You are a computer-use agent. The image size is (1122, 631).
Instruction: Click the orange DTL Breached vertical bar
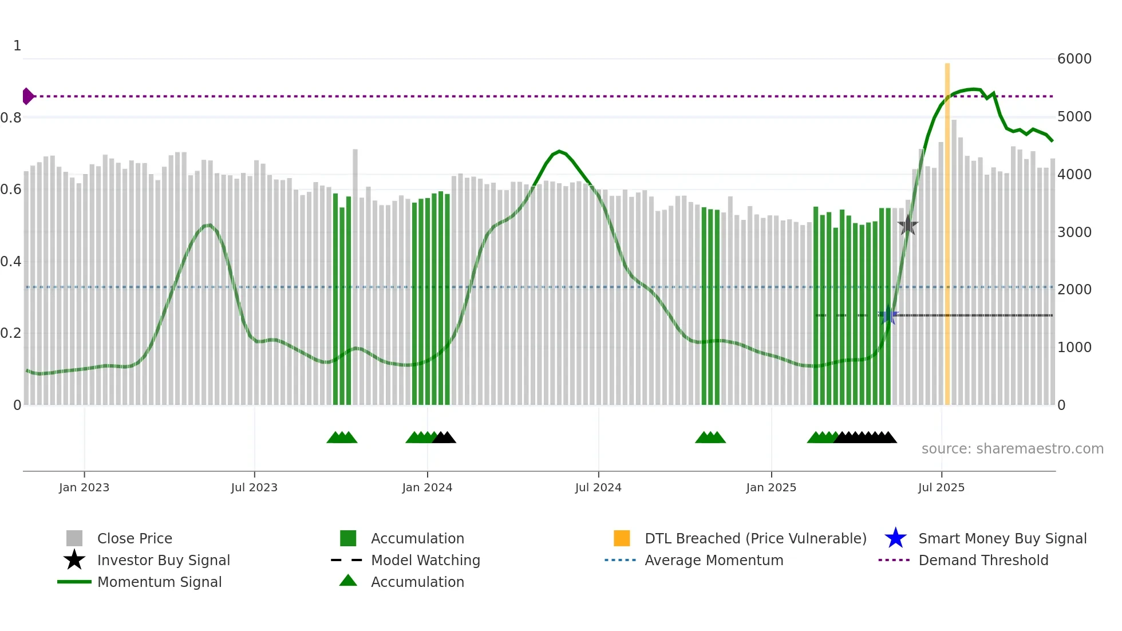[947, 235]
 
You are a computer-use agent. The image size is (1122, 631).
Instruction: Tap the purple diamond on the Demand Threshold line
[27, 96]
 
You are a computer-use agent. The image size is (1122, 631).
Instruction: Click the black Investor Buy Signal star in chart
[907, 226]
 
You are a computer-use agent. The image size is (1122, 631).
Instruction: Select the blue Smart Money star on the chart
[888, 315]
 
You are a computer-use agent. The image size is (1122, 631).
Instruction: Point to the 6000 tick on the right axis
[1074, 59]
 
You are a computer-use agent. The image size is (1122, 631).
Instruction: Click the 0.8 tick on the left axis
[11, 118]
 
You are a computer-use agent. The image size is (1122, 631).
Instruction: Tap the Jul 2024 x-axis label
[598, 487]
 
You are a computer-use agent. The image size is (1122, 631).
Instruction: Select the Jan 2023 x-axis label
[84, 487]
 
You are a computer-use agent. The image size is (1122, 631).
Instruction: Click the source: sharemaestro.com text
[1012, 449]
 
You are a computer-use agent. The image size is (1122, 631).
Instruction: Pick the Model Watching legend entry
[425, 560]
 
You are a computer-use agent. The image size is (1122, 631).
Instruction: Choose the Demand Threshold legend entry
[983, 560]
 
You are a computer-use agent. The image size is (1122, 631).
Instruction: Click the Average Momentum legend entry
[713, 560]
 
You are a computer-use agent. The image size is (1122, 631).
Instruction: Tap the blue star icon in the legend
[895, 538]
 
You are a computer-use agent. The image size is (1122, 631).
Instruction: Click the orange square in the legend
[622, 538]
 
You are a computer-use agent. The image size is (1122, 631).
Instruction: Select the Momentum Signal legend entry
[159, 582]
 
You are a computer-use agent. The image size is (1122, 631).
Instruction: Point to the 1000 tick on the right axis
[1074, 348]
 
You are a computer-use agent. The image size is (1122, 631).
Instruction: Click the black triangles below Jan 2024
[444, 438]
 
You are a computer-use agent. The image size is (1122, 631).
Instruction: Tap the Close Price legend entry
[135, 538]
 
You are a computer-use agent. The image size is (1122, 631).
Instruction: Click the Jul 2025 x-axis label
[941, 487]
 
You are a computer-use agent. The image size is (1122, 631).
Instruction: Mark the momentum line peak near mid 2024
[559, 151]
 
